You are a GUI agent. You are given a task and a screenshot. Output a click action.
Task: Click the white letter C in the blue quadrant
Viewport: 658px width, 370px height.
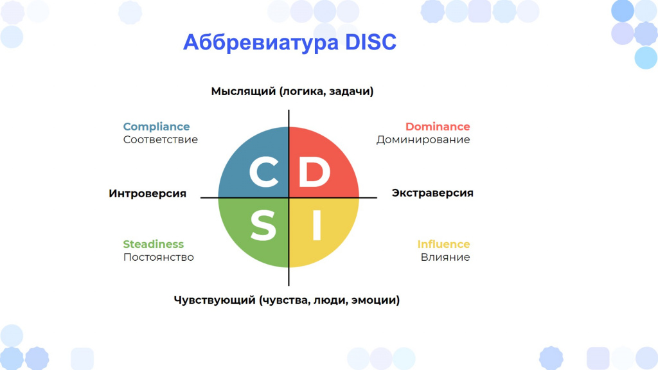pyautogui.click(x=264, y=172)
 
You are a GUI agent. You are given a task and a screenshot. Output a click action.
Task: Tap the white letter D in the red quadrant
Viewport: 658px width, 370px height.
pyautogui.click(x=314, y=172)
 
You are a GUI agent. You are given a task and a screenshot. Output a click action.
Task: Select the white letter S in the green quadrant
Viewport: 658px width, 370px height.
pyautogui.click(x=263, y=225)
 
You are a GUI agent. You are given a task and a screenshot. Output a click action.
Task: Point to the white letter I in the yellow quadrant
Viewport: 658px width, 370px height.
pyautogui.click(x=317, y=225)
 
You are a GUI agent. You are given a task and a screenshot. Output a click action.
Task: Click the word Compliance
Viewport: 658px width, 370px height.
pyautogui.click(x=156, y=127)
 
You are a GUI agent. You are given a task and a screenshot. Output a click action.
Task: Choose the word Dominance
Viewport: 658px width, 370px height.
pyautogui.click(x=438, y=127)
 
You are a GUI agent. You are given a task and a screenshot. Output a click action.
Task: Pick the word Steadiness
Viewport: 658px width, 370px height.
pyautogui.click(x=153, y=244)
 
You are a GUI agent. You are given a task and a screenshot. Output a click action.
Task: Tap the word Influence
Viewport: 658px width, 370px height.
pyautogui.click(x=443, y=244)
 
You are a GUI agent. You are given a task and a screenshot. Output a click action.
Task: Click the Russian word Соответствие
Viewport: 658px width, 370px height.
pyautogui.click(x=160, y=139)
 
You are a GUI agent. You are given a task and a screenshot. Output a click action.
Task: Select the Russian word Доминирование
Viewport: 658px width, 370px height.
pyautogui.click(x=423, y=139)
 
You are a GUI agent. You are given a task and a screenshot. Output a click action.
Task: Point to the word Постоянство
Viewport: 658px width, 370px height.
pyautogui.click(x=159, y=257)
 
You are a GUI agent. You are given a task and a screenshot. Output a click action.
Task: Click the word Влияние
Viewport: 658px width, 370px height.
pyautogui.click(x=445, y=257)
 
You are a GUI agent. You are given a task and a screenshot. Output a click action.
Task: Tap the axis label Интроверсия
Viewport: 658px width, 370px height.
pyautogui.click(x=147, y=193)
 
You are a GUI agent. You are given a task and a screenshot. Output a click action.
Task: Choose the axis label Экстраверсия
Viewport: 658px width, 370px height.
pyautogui.click(x=432, y=193)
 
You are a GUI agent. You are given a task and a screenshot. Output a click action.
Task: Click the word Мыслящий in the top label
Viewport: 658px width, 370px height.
pyautogui.click(x=244, y=91)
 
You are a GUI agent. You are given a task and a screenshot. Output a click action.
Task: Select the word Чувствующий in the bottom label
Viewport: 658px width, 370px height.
pyautogui.click(x=215, y=301)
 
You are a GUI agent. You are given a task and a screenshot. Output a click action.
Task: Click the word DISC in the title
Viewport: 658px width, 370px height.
pyautogui.click(x=371, y=42)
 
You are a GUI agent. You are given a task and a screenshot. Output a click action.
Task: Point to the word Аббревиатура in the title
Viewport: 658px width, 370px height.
pyautogui.click(x=261, y=42)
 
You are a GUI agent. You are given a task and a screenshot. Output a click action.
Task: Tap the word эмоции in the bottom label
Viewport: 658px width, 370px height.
pyautogui.click(x=375, y=301)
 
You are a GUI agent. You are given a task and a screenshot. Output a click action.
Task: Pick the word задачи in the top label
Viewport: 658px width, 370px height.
pyautogui.click(x=351, y=91)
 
